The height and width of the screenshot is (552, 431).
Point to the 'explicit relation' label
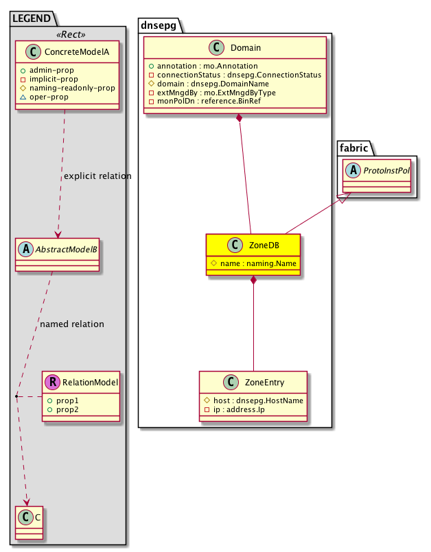(97, 176)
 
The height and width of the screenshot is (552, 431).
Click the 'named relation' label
(72, 324)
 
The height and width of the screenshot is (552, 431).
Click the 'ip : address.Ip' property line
(237, 409)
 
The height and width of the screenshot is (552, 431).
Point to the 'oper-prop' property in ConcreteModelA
(64, 97)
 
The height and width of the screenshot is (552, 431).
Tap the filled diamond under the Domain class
(239, 119)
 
